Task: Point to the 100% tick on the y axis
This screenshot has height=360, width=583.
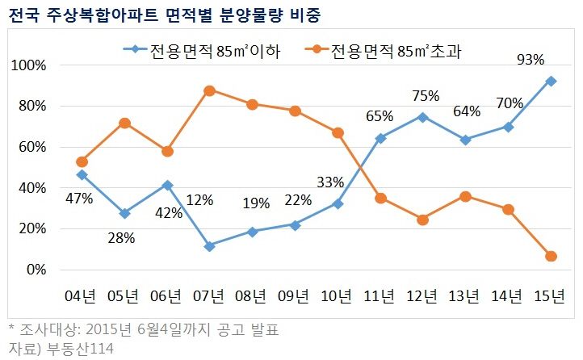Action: point(31,65)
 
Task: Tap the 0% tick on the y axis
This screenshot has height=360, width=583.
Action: point(37,270)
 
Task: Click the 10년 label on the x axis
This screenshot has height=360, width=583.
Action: point(338,295)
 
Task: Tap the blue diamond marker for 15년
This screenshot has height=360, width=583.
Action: point(551,81)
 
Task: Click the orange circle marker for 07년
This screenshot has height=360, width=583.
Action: point(209,90)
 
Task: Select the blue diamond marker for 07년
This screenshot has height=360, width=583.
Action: point(209,246)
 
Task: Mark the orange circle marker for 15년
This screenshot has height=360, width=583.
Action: point(551,256)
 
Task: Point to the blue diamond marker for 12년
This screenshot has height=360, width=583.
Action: point(422,116)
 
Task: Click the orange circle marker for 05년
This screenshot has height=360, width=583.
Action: point(124,123)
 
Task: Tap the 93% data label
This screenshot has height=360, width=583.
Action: point(530,59)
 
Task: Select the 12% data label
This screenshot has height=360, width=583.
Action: point(200,199)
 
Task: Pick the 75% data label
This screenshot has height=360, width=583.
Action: point(425,96)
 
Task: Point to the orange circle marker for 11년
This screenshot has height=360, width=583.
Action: point(380,198)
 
